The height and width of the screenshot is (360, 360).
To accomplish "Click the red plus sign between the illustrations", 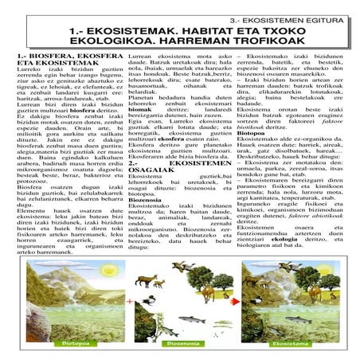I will [130, 301].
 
